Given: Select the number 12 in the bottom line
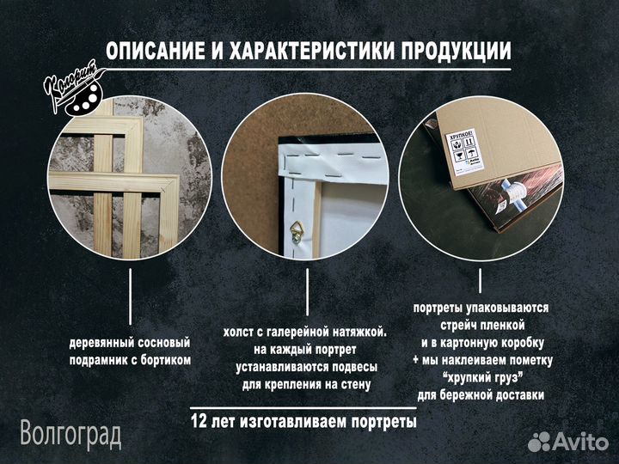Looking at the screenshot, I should point(199,422).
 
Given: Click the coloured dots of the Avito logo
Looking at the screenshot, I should point(538,442).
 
